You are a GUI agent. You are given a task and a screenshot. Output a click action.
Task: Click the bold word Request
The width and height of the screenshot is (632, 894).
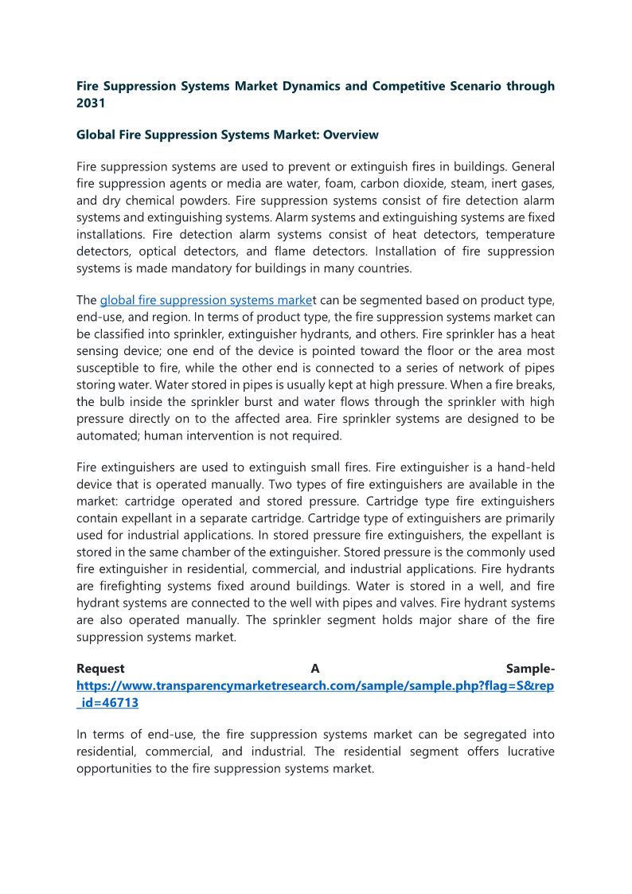(99, 669)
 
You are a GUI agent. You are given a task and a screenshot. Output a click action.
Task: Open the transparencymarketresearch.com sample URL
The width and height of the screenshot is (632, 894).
(314, 685)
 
